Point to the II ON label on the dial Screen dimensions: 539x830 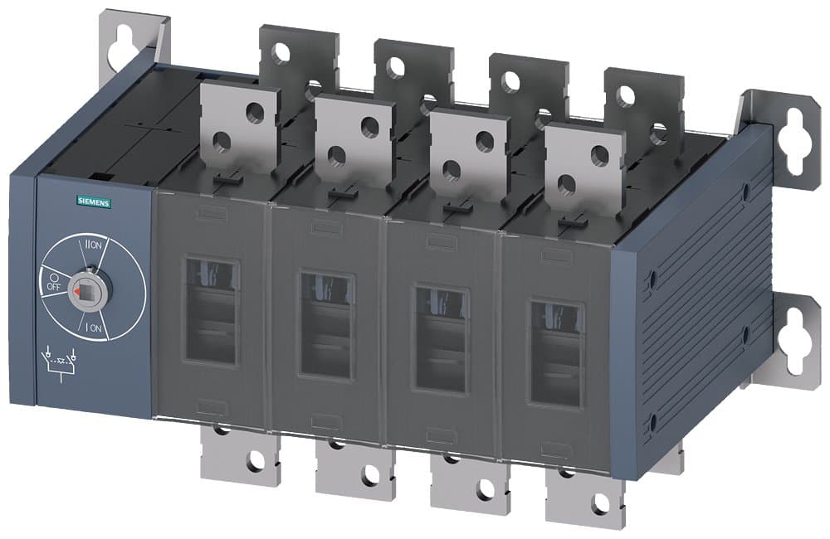tap(94, 246)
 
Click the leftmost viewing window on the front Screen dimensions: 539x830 tap(211, 311)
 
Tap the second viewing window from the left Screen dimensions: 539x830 tap(326, 323)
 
